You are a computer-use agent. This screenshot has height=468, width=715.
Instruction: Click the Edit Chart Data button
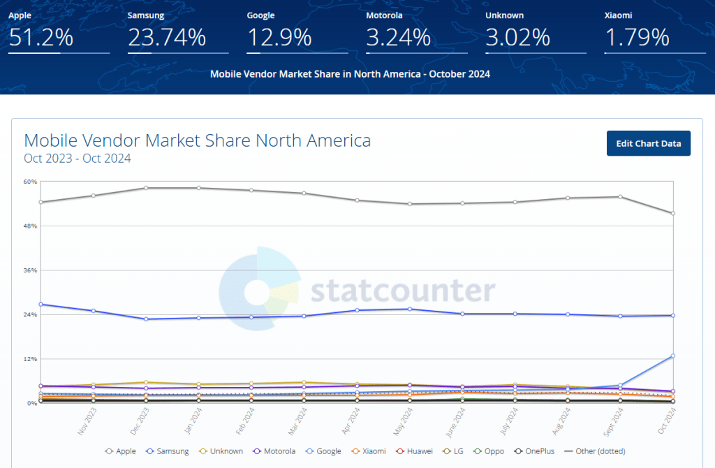(648, 143)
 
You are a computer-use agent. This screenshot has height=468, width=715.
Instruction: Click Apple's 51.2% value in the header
(36, 37)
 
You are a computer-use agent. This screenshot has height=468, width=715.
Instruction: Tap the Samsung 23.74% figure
(167, 37)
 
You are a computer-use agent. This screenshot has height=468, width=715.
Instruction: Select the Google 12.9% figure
(279, 37)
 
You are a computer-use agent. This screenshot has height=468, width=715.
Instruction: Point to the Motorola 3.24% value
(398, 37)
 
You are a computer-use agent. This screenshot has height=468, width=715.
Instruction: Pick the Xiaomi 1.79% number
(636, 37)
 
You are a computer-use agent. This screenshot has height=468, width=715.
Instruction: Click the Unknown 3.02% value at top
(517, 37)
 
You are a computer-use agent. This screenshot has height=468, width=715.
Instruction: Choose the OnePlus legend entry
(538, 451)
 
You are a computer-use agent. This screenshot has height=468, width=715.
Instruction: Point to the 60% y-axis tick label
(30, 182)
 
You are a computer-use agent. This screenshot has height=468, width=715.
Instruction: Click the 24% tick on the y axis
(30, 314)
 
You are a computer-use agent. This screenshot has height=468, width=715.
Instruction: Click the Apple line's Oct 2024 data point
(672, 213)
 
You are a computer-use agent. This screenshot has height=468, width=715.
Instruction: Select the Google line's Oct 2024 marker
(672, 356)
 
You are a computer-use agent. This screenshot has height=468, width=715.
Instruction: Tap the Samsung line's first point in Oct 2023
(40, 304)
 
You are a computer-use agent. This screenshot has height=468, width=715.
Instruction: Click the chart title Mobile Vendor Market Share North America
(198, 140)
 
